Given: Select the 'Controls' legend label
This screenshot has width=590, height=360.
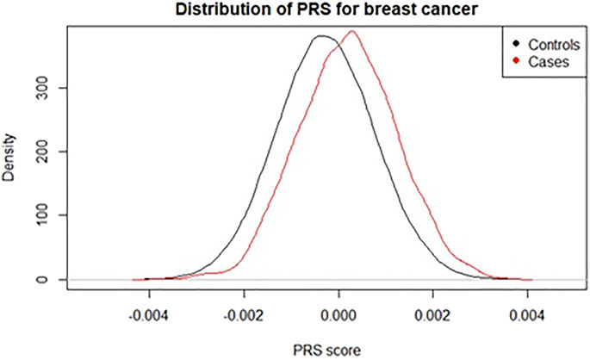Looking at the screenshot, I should [548, 43].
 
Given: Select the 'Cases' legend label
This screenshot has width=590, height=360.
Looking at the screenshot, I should [541, 60].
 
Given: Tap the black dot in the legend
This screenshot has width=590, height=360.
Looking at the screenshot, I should [515, 43].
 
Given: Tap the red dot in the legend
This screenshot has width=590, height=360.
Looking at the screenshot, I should [515, 60].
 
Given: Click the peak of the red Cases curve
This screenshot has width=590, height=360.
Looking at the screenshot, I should [351, 32].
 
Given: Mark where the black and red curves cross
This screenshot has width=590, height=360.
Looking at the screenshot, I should [337, 46].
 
